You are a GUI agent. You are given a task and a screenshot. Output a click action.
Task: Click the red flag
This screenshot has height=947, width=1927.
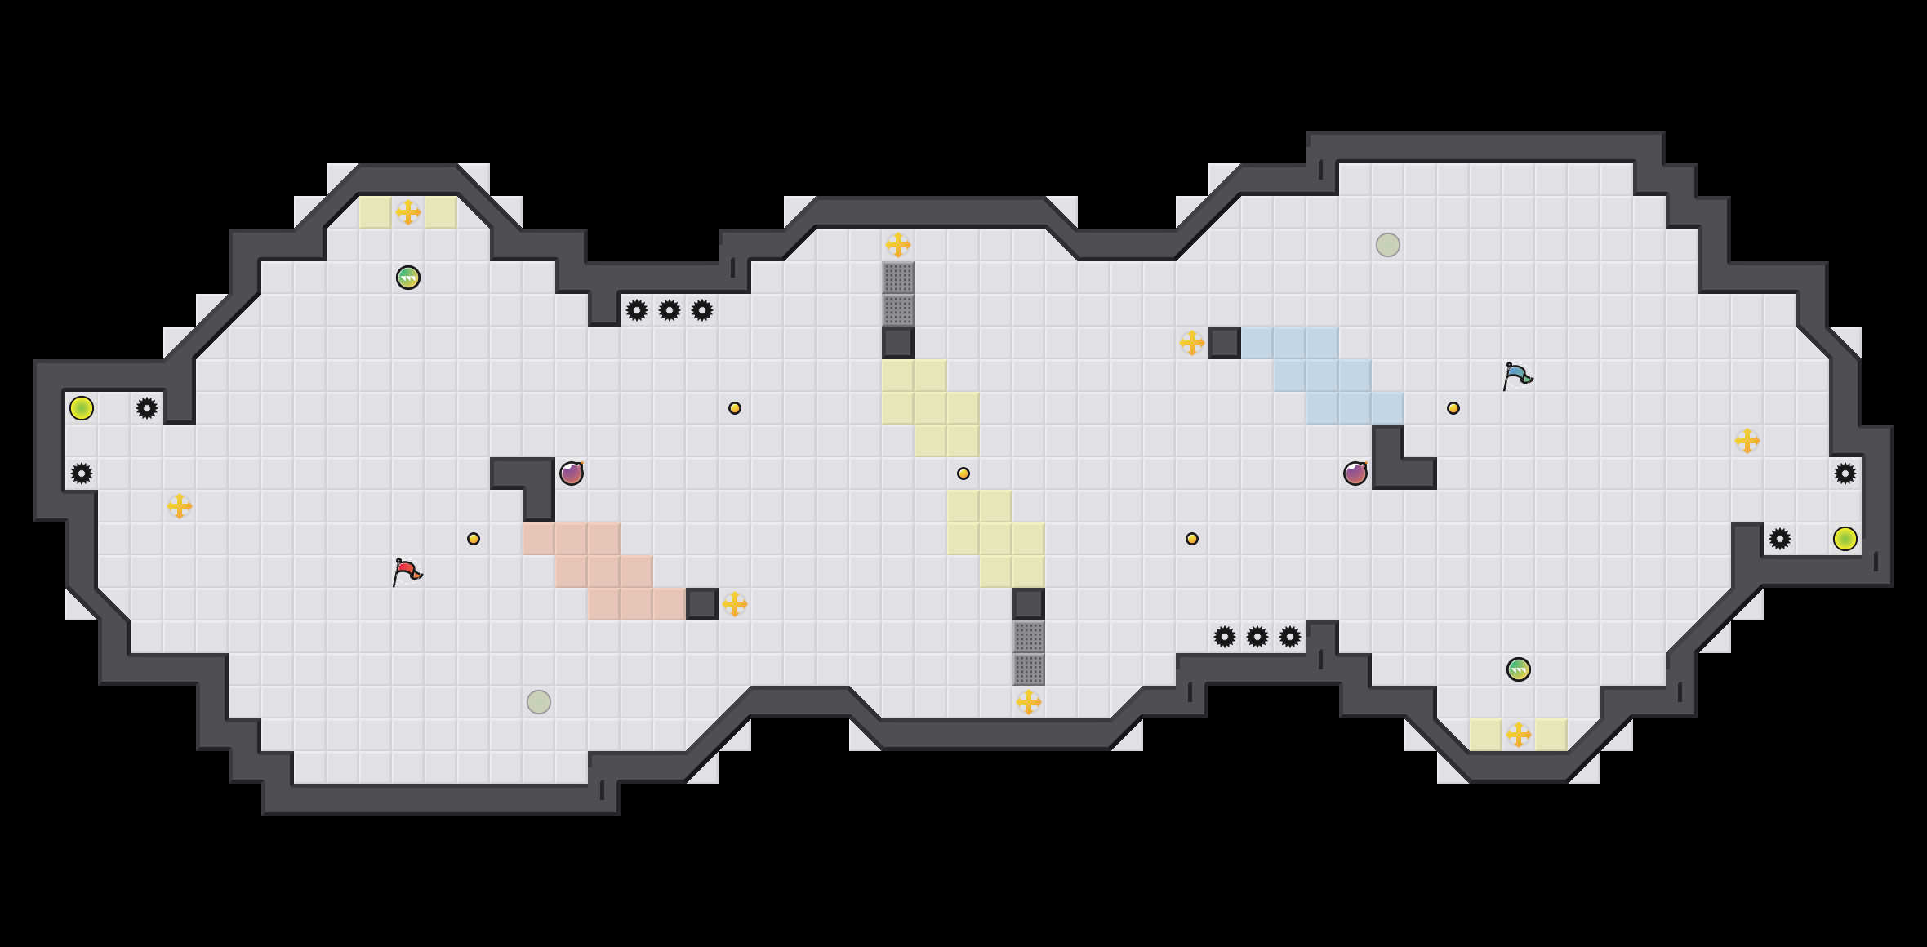pos(406,571)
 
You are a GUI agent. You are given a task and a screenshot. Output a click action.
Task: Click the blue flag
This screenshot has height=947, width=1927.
pos(1516,376)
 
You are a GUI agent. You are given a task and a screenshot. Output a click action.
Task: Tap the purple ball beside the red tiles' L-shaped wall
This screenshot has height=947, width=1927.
pos(572,473)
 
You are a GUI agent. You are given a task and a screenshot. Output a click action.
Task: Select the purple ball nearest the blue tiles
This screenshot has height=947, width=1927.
pos(1355,473)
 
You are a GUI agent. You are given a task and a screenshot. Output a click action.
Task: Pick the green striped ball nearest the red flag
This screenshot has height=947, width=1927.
pos(408,278)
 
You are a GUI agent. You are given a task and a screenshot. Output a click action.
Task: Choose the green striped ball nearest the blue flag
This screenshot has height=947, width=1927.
pos(1519,669)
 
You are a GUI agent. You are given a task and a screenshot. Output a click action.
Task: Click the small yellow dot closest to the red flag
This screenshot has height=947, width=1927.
pos(474,539)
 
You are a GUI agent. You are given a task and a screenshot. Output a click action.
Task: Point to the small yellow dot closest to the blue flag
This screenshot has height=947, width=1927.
pos(1453,408)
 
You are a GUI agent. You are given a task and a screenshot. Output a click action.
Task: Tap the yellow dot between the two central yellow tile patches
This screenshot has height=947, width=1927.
pos(963,473)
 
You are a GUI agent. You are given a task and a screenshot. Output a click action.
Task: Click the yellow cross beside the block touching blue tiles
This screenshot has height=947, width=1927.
pos(1192,343)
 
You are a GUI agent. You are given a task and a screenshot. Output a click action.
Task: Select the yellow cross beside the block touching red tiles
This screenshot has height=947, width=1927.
pos(735,604)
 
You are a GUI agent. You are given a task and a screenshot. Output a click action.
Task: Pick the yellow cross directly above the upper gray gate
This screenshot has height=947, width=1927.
pos(898,245)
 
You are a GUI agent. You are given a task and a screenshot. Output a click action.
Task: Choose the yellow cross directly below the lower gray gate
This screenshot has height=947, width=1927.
pos(1029,702)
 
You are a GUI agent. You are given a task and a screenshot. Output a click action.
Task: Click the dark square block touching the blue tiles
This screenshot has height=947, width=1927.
pos(1225,343)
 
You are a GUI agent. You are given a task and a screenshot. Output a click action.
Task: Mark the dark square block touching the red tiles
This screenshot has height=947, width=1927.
pos(702,604)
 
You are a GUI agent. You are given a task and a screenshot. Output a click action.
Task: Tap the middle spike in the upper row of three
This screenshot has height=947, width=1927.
pos(670,310)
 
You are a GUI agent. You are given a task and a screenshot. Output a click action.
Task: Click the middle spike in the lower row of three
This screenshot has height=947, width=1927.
pos(1257,637)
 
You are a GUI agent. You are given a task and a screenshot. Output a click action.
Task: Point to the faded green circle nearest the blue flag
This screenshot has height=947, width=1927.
pos(1388,245)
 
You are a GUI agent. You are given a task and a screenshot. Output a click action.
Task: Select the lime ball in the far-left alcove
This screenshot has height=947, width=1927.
pos(82,408)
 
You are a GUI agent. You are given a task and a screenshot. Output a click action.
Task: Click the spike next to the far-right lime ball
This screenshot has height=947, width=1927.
pos(1780,539)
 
